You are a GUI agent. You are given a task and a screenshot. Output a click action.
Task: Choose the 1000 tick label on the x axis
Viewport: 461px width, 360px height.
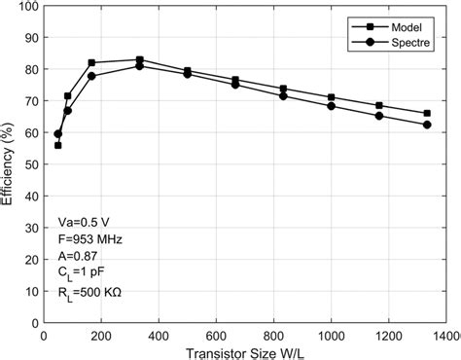point(331,336)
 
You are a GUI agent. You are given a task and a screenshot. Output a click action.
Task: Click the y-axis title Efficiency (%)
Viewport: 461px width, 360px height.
point(9,165)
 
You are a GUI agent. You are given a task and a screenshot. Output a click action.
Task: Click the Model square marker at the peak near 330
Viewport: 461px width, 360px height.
point(139,60)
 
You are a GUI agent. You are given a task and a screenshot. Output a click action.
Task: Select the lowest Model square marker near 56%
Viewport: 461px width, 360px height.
point(57,145)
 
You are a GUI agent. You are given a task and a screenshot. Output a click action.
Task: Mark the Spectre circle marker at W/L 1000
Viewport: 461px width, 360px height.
point(331,106)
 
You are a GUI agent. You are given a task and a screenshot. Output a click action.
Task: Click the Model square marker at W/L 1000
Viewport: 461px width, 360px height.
point(331,97)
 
